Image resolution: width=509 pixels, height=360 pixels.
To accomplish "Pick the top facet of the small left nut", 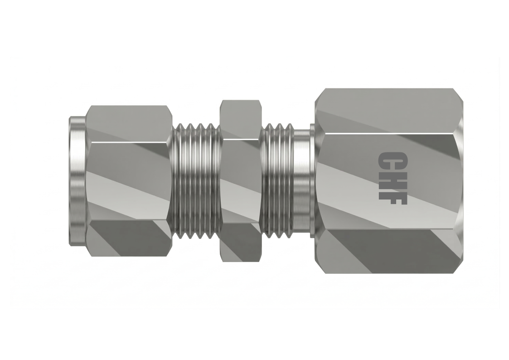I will tap(129, 122).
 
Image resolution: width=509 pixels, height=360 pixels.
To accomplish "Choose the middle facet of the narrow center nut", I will tap(240, 181).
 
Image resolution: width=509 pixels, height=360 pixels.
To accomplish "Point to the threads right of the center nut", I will tap(277, 181).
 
